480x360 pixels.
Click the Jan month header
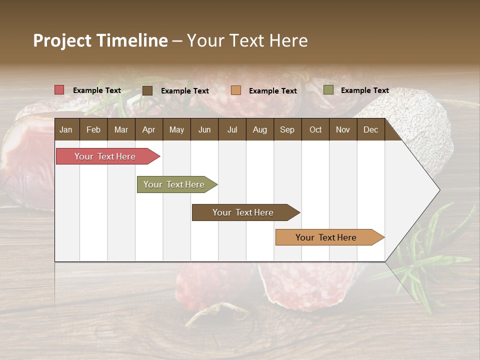[66, 129]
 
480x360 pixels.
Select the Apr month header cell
[149, 129]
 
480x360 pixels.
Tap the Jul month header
[232, 129]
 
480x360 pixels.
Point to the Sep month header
[287, 129]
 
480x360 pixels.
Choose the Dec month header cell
[370, 129]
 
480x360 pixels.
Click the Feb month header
[93, 129]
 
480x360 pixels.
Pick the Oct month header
[315, 129]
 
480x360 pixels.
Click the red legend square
[59, 90]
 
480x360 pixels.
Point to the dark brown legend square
[147, 90]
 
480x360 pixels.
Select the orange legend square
[236, 90]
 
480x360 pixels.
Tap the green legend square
[328, 90]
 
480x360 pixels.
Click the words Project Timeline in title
[100, 40]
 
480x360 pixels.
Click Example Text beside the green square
[364, 90]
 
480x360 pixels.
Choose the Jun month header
[204, 129]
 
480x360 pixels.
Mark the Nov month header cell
[343, 129]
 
